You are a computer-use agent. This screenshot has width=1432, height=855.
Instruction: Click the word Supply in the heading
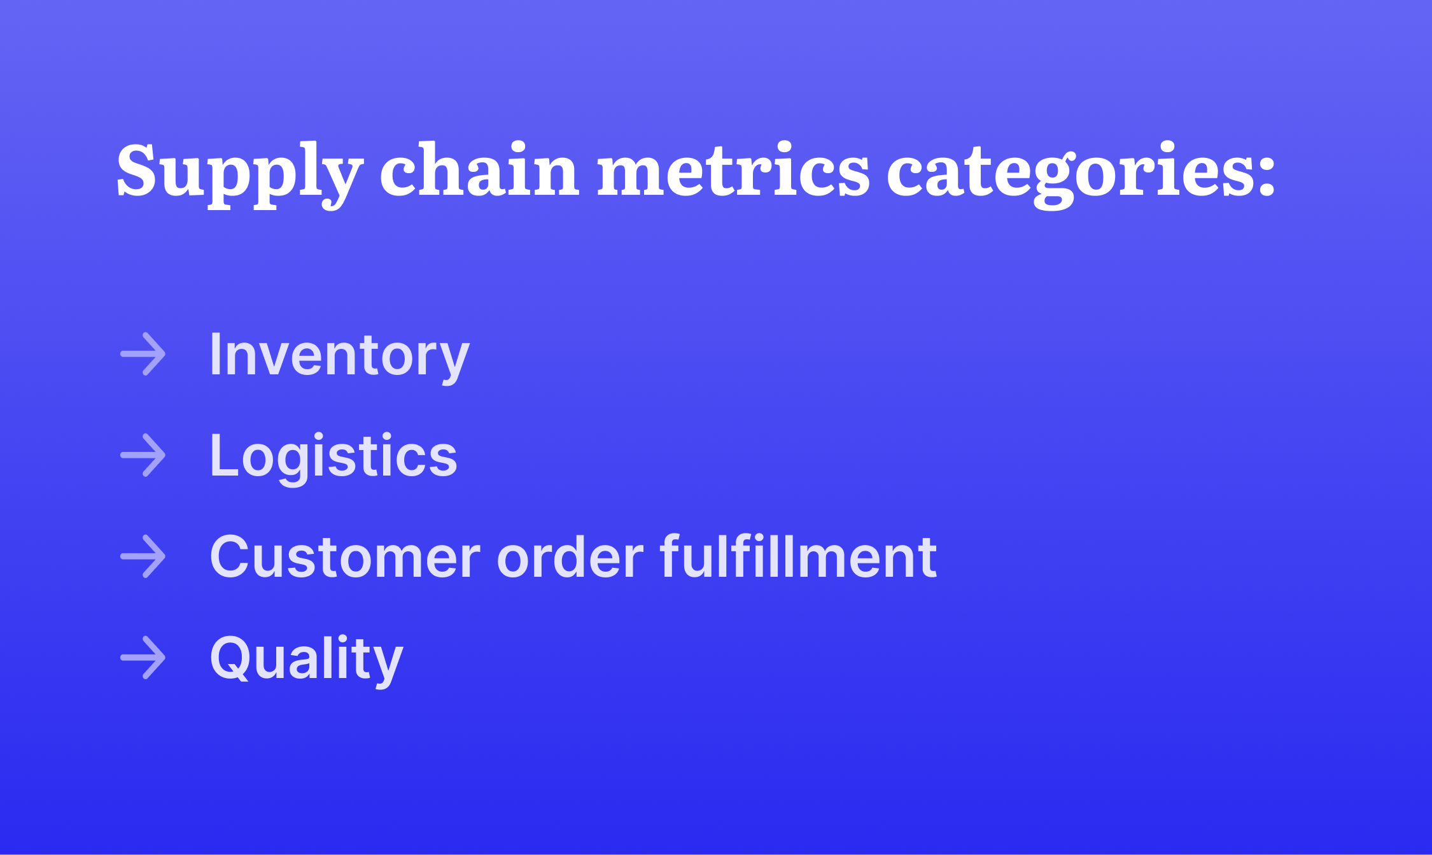tap(239, 171)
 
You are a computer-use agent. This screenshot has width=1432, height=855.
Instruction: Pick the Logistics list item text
tap(333, 456)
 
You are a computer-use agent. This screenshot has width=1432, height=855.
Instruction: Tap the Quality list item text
tap(306, 658)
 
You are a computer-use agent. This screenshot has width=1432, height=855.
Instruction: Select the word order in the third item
tap(570, 557)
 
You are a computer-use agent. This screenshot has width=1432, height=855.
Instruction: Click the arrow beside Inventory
tap(143, 354)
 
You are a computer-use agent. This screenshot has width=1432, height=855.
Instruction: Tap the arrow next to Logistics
tap(143, 455)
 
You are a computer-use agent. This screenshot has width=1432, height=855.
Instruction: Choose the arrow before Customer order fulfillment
tap(143, 556)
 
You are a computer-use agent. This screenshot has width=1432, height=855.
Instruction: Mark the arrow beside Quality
tap(143, 658)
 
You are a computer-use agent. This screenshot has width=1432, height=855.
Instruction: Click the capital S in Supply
tap(136, 169)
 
